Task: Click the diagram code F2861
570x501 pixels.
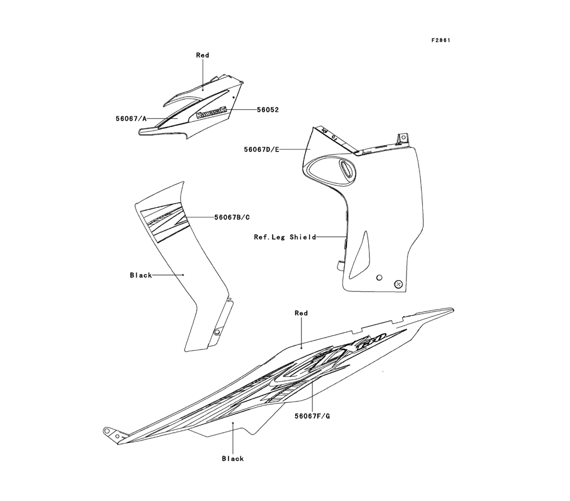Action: (442, 40)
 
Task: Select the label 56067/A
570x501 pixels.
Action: (131, 118)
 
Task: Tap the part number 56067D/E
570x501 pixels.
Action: (261, 149)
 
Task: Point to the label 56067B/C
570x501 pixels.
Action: (232, 217)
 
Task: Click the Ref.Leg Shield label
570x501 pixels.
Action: (285, 237)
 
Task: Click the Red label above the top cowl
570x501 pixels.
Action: (202, 55)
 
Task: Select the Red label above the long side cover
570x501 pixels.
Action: (301, 313)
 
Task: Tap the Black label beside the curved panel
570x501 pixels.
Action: (141, 275)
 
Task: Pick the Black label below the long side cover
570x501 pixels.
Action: (233, 458)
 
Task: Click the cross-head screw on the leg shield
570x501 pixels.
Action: (398, 284)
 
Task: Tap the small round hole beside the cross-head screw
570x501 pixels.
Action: (379, 277)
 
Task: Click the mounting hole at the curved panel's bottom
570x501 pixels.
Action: (217, 331)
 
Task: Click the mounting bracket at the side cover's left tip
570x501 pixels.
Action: (113, 434)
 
